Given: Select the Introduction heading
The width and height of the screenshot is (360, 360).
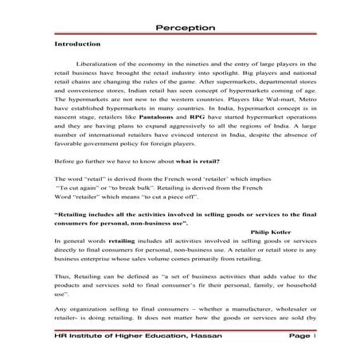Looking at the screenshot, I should (76, 45).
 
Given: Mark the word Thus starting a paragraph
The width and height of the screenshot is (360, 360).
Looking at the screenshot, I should (61, 294).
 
